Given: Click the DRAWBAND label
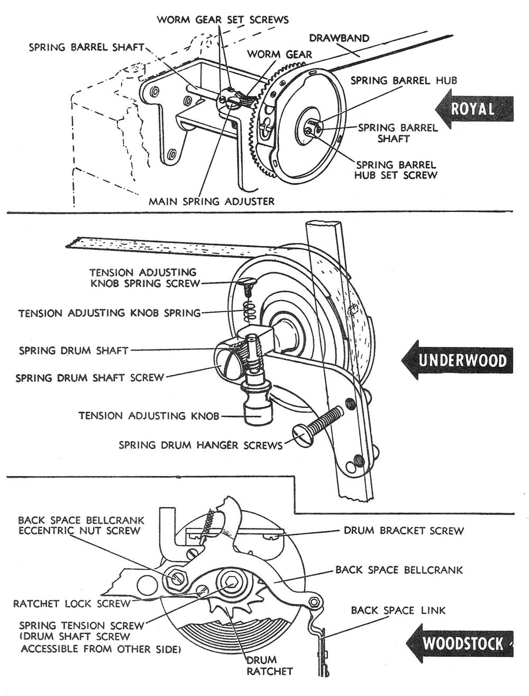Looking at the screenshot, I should [x=339, y=38].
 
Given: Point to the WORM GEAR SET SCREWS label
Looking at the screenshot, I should [x=223, y=20].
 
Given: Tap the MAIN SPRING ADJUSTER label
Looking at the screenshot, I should [x=212, y=201].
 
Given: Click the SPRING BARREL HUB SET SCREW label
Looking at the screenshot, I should [x=396, y=170].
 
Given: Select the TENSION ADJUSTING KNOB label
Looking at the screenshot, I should [x=149, y=416].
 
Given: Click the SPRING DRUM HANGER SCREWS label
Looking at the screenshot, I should [x=200, y=445].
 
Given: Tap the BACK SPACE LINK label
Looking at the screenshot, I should [x=398, y=610].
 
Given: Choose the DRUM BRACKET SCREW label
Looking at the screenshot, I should [x=404, y=530].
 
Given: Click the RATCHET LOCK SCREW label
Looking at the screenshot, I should [x=71, y=604].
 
